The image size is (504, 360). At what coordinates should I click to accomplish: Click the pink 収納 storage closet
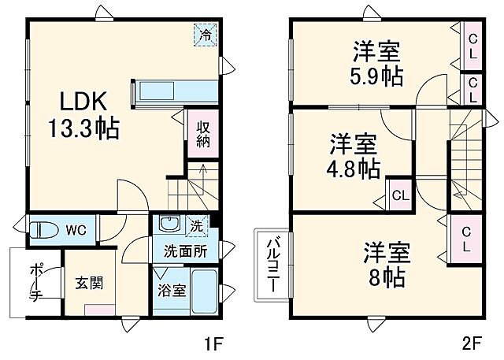point(202,135)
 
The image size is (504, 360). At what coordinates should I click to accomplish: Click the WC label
point(76,230)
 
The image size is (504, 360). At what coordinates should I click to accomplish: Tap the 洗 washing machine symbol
point(196,225)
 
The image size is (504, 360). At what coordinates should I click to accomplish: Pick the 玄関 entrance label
point(87,281)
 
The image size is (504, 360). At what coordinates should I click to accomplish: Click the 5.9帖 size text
point(376,77)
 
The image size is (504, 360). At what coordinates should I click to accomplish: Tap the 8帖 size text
point(385,277)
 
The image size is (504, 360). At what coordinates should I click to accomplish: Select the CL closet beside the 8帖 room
point(467,237)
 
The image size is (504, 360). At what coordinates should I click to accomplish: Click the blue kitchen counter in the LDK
point(176,91)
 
